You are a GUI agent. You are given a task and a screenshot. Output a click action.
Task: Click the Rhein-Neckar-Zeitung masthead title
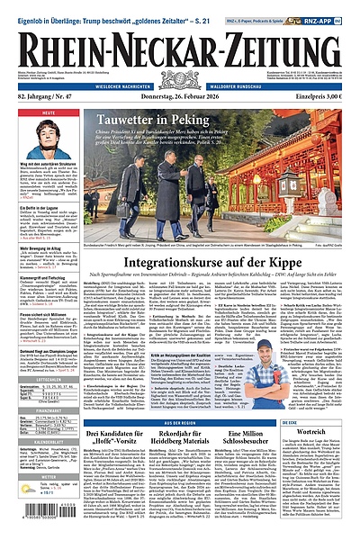click(x=180, y=40)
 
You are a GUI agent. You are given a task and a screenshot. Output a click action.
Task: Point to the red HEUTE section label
click(x=23, y=112)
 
